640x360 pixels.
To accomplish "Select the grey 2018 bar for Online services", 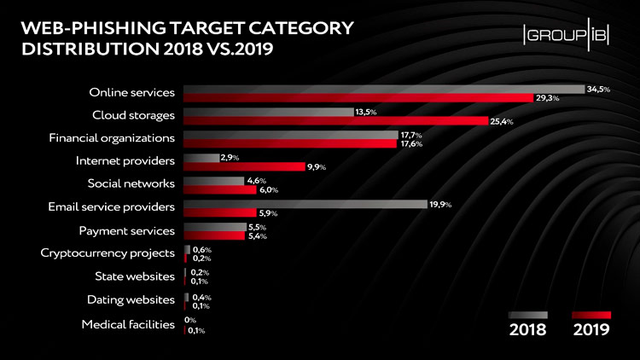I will pos(384,89).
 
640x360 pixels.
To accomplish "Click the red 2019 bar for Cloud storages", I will pos(335,121).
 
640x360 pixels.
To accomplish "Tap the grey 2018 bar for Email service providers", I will pos(305,204).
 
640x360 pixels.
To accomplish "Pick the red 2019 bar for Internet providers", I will pos(245,166).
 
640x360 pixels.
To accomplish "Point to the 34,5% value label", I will pos(598,89).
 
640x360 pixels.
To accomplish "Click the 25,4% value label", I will pos(501,121).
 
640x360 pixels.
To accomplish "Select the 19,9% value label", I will pos(441,204).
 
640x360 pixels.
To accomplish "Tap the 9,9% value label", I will pos(317,166).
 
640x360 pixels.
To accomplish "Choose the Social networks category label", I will pos(131,183).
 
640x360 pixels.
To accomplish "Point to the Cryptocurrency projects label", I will pos(108,253).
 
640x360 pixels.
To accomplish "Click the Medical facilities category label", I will pos(128,324).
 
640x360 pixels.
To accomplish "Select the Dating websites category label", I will pos(131,299).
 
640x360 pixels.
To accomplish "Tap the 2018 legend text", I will pos(527,330).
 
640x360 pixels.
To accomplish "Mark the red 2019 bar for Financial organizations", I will pos(290,143).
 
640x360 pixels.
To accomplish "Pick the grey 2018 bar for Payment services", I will pos(214,227).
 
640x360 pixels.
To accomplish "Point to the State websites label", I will pos(135,276).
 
